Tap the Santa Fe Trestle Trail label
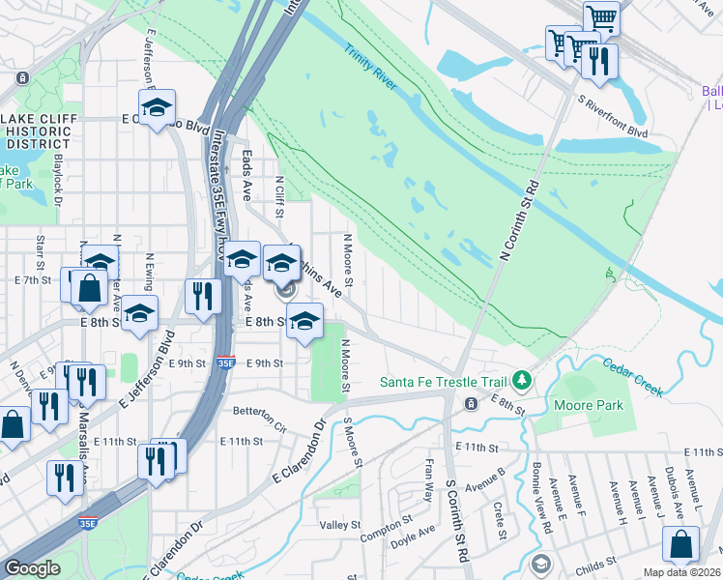[x=444, y=380]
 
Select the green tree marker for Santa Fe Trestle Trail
[x=523, y=379]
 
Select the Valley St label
[x=339, y=525]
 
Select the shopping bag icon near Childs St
[x=681, y=544]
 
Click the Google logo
[x=32, y=567]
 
